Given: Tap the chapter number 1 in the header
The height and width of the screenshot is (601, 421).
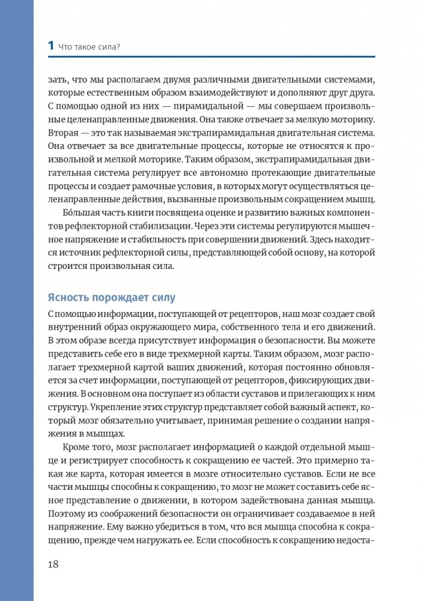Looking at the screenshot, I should click(x=51, y=46).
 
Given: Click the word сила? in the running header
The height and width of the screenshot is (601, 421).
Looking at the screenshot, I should click(x=123, y=46).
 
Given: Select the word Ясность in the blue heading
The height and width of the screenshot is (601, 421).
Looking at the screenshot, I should click(x=71, y=297).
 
